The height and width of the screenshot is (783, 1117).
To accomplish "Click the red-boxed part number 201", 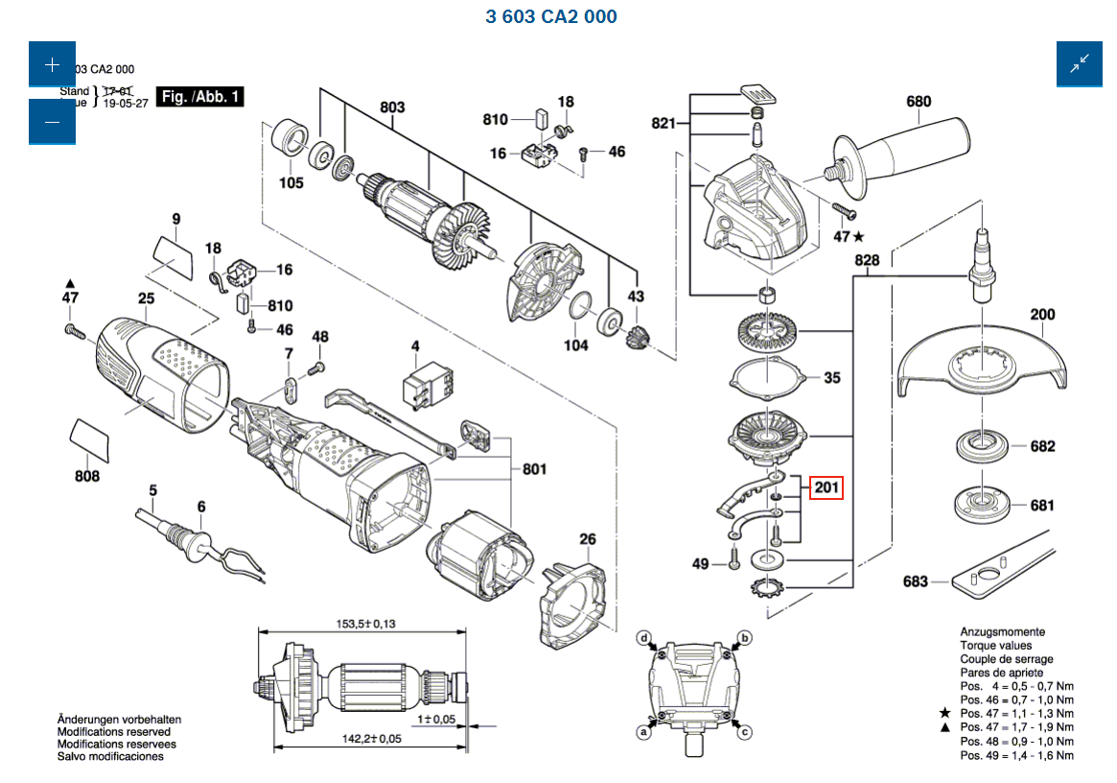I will coord(826,488).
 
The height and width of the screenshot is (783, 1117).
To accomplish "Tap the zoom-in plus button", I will coord(52,66).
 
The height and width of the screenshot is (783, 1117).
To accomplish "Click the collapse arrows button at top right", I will coord(1081,66).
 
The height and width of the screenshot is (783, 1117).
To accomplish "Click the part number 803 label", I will coord(392,107).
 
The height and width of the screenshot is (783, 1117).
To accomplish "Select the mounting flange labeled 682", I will coord(978,446).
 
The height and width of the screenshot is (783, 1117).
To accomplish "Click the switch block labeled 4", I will coord(425,381).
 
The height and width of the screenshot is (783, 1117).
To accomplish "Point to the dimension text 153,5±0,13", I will coord(365,625).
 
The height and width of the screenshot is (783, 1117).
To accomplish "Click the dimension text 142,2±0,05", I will coord(371,739).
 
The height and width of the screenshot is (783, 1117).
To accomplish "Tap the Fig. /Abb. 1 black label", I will coord(200,96).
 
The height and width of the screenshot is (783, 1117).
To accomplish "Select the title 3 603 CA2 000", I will coord(551,16).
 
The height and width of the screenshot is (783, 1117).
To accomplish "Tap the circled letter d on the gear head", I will coord(645,638).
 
